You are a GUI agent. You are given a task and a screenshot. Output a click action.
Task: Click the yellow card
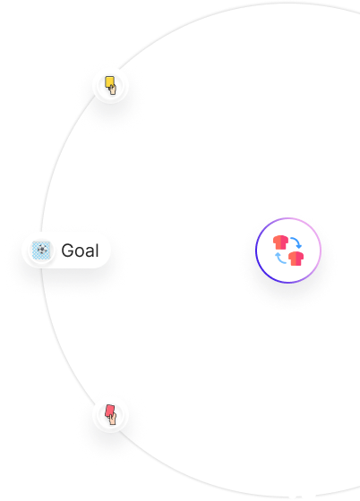(109, 81)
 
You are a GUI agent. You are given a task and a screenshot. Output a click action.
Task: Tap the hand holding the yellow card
(113, 89)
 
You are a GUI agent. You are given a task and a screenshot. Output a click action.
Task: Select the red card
(109, 411)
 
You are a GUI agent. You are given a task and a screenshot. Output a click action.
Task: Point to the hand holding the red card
(112, 419)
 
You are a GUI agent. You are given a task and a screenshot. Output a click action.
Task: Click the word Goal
(80, 250)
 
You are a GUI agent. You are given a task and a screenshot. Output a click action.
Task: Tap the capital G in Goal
(67, 250)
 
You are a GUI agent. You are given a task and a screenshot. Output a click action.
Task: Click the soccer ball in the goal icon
(41, 250)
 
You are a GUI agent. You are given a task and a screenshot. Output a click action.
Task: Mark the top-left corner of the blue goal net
(32, 242)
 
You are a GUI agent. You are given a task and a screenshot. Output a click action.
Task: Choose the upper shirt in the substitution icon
(280, 242)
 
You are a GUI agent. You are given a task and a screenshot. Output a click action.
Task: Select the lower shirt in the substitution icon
(296, 259)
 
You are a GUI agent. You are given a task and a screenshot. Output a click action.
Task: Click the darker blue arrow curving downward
(296, 242)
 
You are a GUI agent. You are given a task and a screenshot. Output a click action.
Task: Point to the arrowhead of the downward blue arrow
(298, 246)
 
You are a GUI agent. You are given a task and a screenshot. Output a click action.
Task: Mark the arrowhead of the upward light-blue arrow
(278, 255)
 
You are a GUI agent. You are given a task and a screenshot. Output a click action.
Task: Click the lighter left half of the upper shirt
(277, 242)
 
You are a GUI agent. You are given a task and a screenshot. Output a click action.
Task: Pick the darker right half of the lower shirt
(300, 259)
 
